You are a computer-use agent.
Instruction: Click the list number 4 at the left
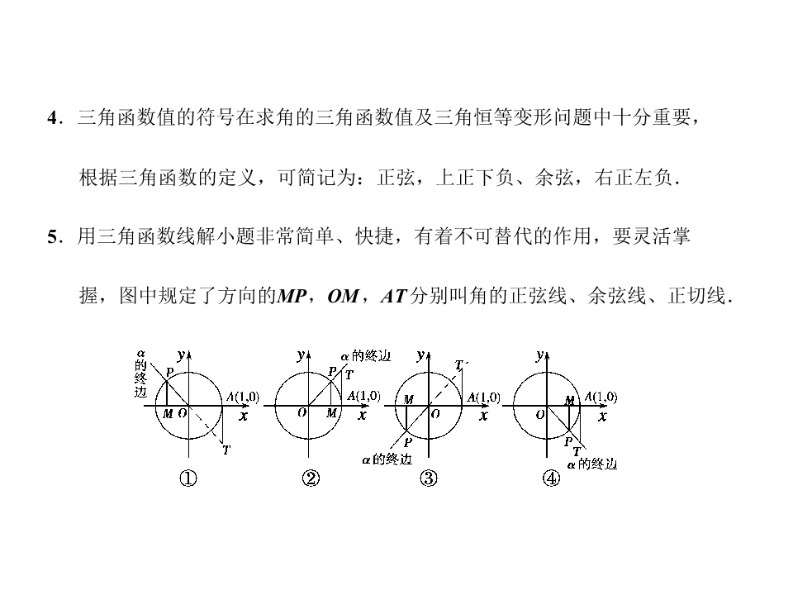pyautogui.click(x=53, y=118)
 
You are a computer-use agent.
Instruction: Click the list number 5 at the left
pyautogui.click(x=53, y=236)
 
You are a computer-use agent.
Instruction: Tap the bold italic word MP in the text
pyautogui.click(x=292, y=296)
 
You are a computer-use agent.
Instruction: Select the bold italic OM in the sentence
pyautogui.click(x=343, y=296)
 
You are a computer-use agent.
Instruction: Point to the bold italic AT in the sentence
pyautogui.click(x=394, y=296)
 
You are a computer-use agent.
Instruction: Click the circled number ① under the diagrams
pyautogui.click(x=188, y=478)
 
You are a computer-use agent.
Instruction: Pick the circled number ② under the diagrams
pyautogui.click(x=311, y=478)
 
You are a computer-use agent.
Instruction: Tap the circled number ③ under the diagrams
pyautogui.click(x=429, y=478)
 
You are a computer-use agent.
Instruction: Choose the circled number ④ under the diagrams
pyautogui.click(x=551, y=478)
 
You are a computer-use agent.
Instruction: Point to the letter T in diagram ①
pyautogui.click(x=226, y=450)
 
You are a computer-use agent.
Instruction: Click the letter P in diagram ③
pyautogui.click(x=407, y=442)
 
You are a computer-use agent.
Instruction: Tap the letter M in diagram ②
pyautogui.click(x=331, y=413)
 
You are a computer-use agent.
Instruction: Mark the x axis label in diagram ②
pyautogui.click(x=362, y=416)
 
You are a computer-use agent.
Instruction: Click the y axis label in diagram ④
pyautogui.click(x=540, y=355)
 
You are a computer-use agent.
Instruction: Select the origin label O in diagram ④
pyautogui.click(x=540, y=414)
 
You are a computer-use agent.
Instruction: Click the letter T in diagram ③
pyautogui.click(x=458, y=364)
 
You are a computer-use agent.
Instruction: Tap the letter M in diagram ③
pyautogui.click(x=408, y=400)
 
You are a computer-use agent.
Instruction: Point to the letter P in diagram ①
pyautogui.click(x=170, y=372)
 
